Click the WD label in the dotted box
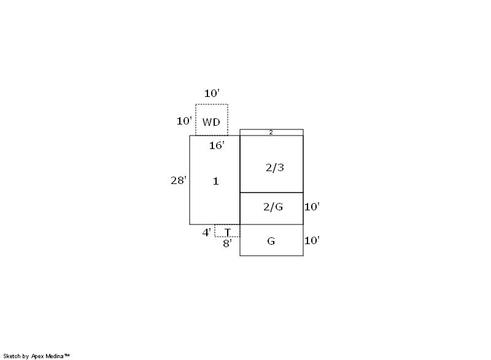click(211, 122)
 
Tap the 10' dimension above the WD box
click(212, 93)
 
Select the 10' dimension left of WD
click(184, 121)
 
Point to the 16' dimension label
click(217, 145)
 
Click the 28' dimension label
click(179, 180)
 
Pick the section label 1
click(216, 181)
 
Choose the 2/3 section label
click(275, 167)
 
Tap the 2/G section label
click(273, 207)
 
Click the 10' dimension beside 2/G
click(312, 207)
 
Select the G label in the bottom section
click(271, 241)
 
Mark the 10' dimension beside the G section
click(312, 240)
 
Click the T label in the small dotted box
click(228, 232)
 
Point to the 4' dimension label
click(206, 232)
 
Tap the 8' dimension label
click(227, 243)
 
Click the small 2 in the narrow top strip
click(271, 132)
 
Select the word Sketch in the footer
click(12, 356)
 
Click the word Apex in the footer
click(38, 356)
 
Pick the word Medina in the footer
click(55, 356)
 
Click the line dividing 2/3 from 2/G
click(271, 193)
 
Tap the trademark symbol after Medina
click(67, 355)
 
